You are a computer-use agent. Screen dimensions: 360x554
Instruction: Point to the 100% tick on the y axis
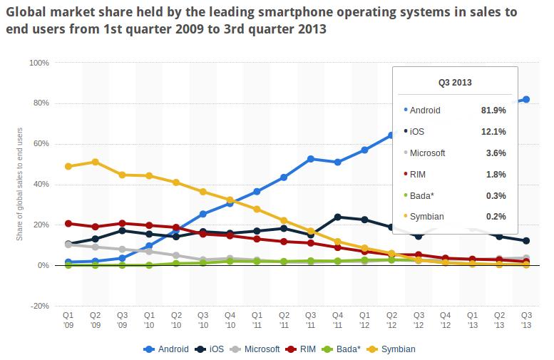[x=39, y=63]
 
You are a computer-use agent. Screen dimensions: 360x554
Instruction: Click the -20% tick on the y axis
[x=39, y=306]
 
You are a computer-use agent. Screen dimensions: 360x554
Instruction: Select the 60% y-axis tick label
[x=41, y=144]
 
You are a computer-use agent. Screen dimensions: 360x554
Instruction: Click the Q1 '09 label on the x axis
[x=68, y=318]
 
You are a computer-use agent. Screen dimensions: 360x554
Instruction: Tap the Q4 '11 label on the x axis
[x=337, y=318]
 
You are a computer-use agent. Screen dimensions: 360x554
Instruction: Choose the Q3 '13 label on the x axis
[x=525, y=318]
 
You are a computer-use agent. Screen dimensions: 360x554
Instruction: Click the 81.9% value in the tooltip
[x=494, y=110]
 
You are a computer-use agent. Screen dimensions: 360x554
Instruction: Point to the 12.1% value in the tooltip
[x=494, y=131]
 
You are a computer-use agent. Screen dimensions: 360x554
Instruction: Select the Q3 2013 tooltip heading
[x=454, y=82]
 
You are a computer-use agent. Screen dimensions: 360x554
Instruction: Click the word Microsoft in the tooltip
[x=428, y=153]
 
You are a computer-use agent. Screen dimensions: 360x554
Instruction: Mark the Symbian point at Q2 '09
[x=96, y=162]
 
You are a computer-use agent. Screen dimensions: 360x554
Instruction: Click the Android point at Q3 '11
[x=311, y=159]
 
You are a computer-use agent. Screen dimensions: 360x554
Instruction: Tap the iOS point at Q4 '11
[x=337, y=217]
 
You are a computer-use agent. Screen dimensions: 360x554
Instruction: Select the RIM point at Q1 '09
[x=68, y=223]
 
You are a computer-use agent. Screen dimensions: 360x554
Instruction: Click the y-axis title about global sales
[x=20, y=185]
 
